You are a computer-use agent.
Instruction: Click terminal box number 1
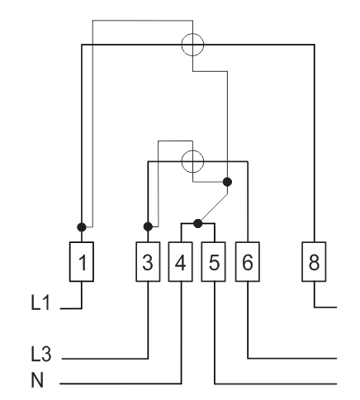point(82,262)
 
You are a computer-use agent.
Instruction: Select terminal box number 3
point(148,262)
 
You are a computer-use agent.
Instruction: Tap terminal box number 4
point(181,262)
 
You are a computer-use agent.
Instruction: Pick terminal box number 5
point(214,262)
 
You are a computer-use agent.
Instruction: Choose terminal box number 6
point(248,262)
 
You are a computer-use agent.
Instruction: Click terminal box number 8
point(314,262)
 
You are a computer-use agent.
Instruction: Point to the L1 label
point(40,302)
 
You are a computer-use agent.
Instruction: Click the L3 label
point(41,354)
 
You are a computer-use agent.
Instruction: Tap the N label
point(37,380)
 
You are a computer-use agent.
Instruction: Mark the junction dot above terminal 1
point(82,227)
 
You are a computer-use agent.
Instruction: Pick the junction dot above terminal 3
point(148,226)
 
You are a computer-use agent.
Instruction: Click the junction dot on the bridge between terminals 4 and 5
point(198,223)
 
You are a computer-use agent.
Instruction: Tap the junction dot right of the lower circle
point(227,182)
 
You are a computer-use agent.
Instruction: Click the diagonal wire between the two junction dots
point(214,207)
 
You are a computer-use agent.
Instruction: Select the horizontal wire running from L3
point(105,359)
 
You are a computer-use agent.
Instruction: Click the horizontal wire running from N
point(121,383)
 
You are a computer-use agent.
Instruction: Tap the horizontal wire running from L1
point(71,308)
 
